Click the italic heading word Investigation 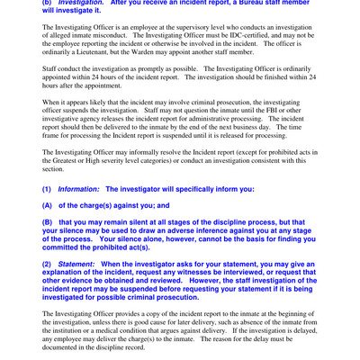[81, 4]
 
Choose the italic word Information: [79, 189]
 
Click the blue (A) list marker [49, 205]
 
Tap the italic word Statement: [78, 264]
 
